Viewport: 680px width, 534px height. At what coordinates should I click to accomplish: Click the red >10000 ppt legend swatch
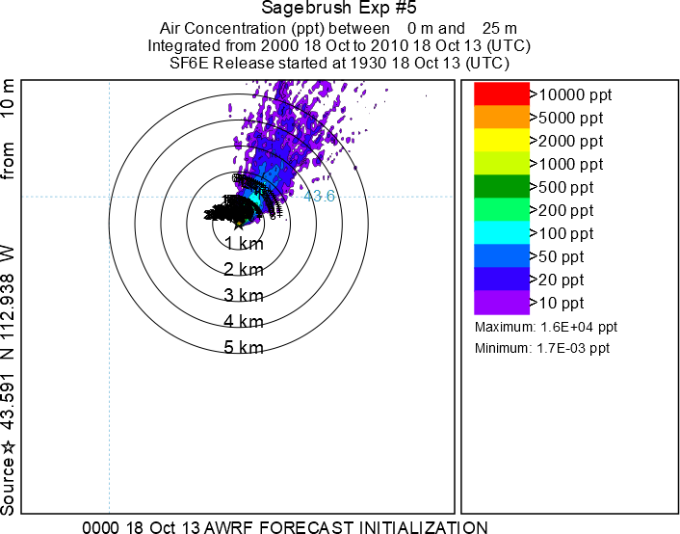coord(501,94)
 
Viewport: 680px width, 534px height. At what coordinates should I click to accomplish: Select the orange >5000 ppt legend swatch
coord(501,118)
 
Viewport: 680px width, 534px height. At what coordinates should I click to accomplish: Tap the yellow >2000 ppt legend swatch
coord(501,141)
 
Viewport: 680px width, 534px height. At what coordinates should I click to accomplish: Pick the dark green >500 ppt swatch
coord(501,187)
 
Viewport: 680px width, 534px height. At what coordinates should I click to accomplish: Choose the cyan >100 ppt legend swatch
coord(501,233)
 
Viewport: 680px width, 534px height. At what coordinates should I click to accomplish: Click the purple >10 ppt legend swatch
coord(501,303)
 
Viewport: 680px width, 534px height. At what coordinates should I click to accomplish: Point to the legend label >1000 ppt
coord(570,164)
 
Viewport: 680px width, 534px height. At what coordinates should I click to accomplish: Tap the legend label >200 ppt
coord(566,210)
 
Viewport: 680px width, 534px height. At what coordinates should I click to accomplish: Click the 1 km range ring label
coord(244,243)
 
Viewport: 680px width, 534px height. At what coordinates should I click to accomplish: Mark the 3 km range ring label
coord(244,295)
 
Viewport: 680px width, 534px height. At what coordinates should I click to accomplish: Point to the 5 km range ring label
coord(244,347)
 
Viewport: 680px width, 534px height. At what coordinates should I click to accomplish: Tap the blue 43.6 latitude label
coord(319,196)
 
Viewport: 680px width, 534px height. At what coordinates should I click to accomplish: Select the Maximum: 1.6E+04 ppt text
coord(546,328)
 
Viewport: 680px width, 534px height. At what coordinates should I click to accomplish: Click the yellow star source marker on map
coord(239,224)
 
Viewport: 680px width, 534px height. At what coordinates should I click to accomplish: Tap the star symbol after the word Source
coord(9,446)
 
